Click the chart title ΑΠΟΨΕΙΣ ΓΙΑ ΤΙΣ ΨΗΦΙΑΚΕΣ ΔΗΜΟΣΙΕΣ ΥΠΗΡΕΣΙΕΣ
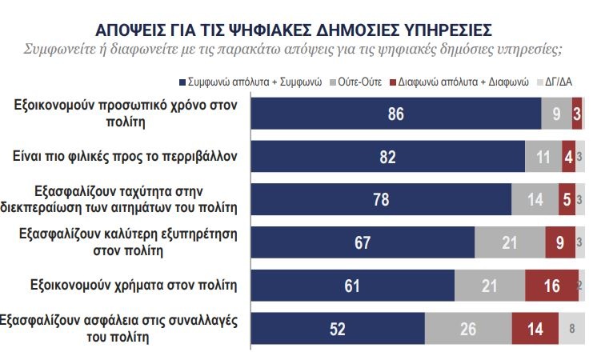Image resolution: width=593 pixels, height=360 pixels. click(x=294, y=30)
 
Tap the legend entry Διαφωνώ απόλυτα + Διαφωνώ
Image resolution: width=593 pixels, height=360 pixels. click(x=464, y=82)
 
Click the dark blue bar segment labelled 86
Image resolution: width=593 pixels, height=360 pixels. click(x=396, y=114)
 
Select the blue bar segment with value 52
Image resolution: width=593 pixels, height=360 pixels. click(x=338, y=328)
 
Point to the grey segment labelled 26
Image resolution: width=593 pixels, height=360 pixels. click(x=467, y=328)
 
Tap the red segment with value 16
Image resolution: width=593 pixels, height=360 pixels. click(x=551, y=286)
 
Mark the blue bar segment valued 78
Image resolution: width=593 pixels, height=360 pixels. click(x=382, y=199)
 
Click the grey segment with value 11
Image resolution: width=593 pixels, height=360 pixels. click(x=543, y=157)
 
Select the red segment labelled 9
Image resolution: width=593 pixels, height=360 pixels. click(x=559, y=242)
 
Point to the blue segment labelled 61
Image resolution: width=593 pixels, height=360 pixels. click(x=353, y=286)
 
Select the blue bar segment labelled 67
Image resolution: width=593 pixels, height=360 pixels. click(x=363, y=242)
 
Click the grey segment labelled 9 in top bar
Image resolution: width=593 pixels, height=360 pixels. click(x=556, y=114)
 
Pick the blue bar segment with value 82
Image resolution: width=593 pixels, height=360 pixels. click(x=388, y=157)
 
